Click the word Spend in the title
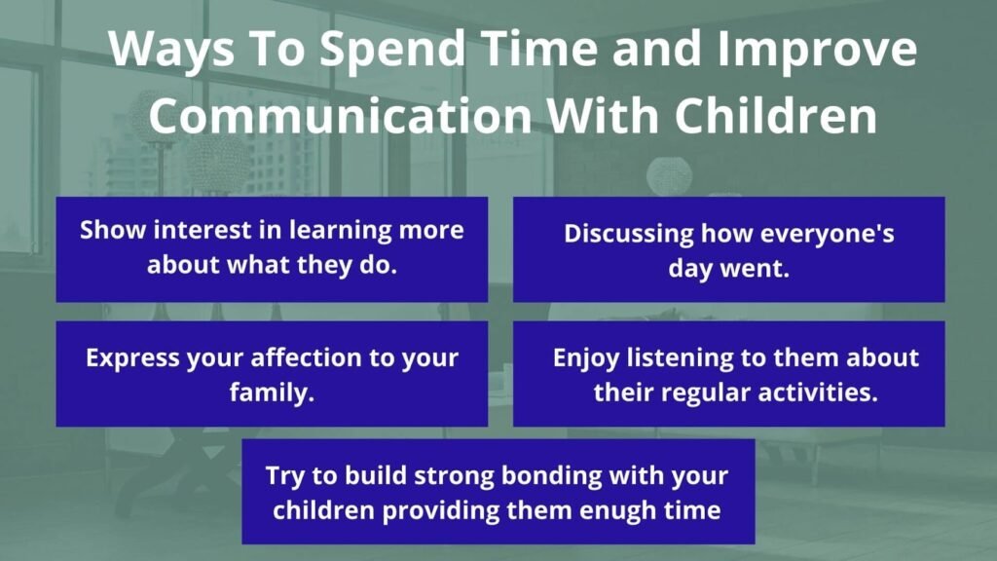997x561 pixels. tap(392, 50)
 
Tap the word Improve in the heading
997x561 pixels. tap(818, 50)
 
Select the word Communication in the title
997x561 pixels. tap(341, 115)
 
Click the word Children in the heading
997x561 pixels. tap(776, 115)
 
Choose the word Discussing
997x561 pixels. tap(628, 234)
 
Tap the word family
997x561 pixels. tap(273, 393)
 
